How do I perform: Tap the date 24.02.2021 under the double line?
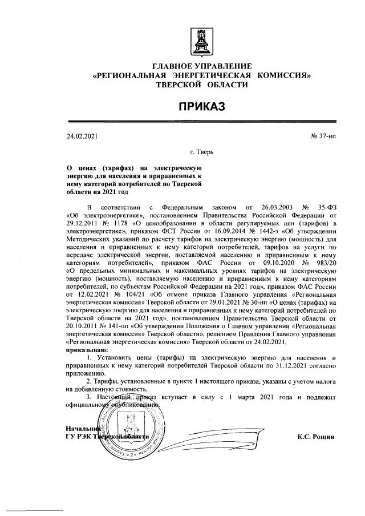[83, 137]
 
